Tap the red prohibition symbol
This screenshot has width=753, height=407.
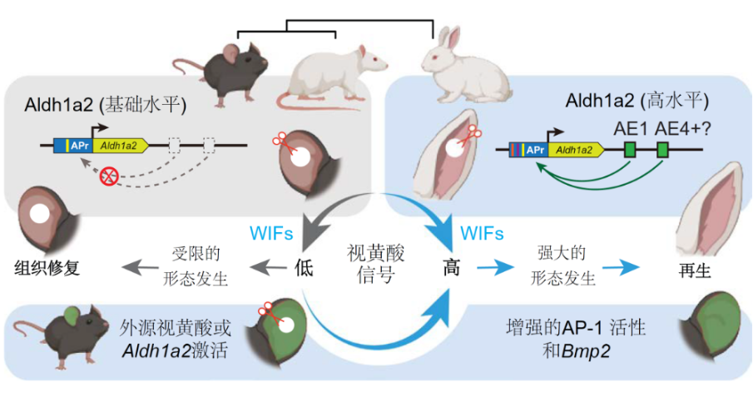click(x=107, y=176)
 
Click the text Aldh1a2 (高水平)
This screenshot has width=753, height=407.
click(x=637, y=102)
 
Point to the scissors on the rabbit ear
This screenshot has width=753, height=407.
click(x=473, y=132)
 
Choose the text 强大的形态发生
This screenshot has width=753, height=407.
click(x=565, y=266)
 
